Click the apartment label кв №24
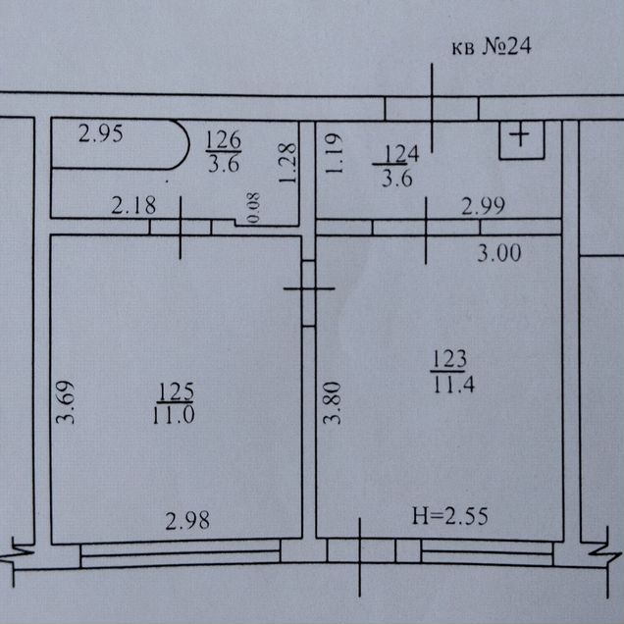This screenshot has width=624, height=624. point(492,46)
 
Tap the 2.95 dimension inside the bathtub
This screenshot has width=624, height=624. point(100,133)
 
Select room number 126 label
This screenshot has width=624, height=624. point(224,139)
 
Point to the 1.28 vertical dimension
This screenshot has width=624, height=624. point(287,163)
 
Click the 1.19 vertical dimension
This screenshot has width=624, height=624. point(334,153)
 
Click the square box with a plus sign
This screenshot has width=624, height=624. point(522,139)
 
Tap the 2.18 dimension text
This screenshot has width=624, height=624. point(133,206)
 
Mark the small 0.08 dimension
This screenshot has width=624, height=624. point(253,207)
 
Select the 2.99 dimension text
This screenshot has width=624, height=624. point(483,206)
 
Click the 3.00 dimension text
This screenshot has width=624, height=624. point(499,253)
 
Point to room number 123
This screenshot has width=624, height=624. point(449,359)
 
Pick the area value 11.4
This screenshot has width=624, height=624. point(453,384)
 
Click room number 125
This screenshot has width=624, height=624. point(176,391)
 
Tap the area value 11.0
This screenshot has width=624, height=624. point(174,414)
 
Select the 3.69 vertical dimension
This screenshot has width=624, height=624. point(65,402)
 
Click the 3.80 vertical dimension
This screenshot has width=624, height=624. point(332,402)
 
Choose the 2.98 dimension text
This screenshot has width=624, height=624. point(187,521)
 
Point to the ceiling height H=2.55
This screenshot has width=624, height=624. point(449,516)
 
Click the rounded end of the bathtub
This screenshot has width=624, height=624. point(188,144)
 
